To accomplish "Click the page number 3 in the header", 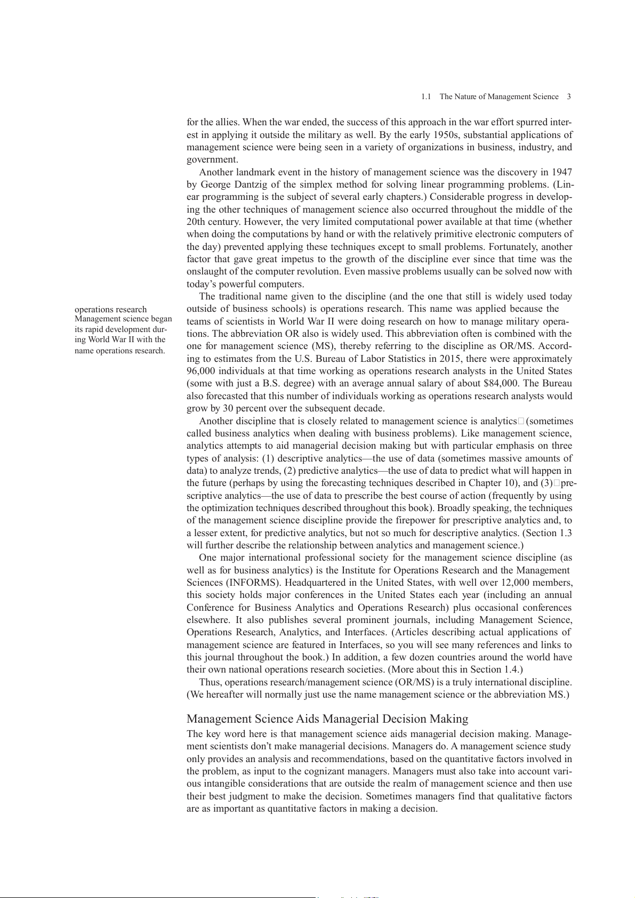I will [569, 96].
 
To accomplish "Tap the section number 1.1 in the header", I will [426, 96].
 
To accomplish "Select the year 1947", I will [562, 172].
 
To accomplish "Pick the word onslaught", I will [207, 271].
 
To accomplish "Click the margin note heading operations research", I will [110, 309].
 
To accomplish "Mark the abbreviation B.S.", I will [274, 383].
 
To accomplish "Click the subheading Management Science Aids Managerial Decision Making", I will [327, 719].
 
